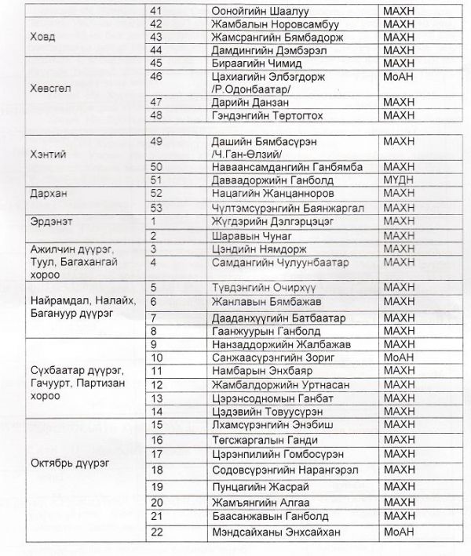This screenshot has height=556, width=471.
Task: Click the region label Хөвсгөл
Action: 49,88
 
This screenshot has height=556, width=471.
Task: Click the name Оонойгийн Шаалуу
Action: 254,9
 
